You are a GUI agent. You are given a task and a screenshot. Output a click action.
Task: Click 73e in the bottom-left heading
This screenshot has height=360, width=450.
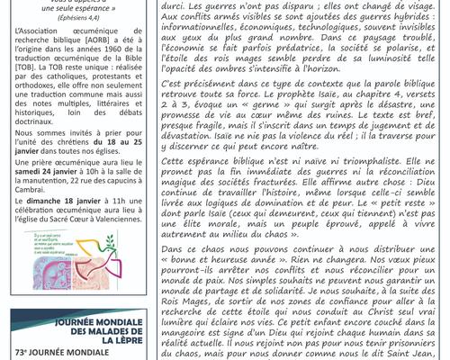click(x=22, y=355)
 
